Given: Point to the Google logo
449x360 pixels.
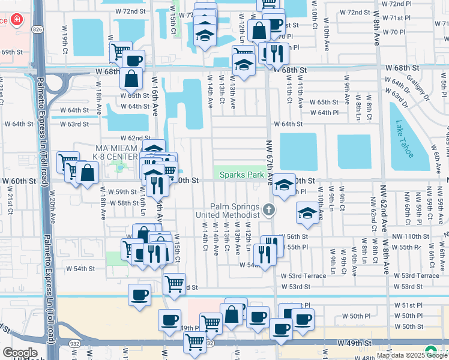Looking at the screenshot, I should [19, 353].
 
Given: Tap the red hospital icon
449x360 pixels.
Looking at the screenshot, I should [16, 20].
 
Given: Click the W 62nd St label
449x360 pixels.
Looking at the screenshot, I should [134, 138].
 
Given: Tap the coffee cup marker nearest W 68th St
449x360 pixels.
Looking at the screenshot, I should [133, 60].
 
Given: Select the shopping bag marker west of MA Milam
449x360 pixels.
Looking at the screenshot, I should [87, 172].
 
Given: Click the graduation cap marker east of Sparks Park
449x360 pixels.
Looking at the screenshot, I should [284, 184].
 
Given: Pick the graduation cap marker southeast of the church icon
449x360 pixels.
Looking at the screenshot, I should [307, 213].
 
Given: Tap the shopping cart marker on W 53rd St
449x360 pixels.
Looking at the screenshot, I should [174, 283].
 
